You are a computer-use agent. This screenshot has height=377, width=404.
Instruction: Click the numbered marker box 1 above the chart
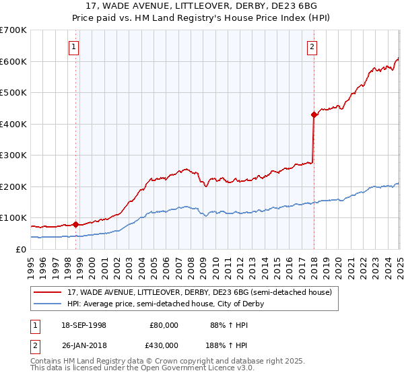73,47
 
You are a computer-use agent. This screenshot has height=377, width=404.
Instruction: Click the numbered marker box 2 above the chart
312,47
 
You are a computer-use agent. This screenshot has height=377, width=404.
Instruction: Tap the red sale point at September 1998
75,225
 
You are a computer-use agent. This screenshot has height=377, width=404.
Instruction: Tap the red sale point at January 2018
314,115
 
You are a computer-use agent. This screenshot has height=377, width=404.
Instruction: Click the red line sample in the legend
48,293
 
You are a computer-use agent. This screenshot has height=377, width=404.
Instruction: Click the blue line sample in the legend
48,304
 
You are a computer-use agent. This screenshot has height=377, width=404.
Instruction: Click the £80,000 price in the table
164,325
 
